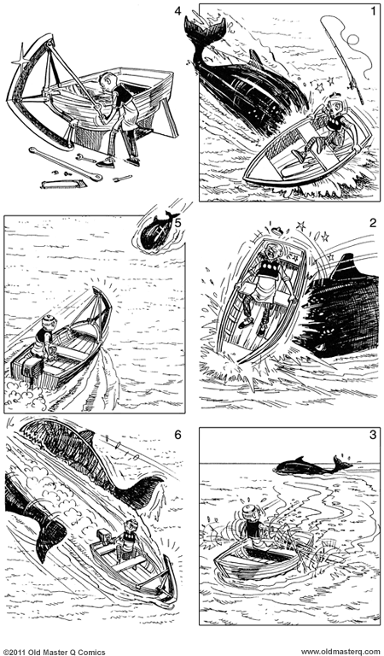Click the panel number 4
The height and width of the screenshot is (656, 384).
coord(177,13)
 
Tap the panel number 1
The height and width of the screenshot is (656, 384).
coord(373,12)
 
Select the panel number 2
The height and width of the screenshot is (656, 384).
coord(373,223)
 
